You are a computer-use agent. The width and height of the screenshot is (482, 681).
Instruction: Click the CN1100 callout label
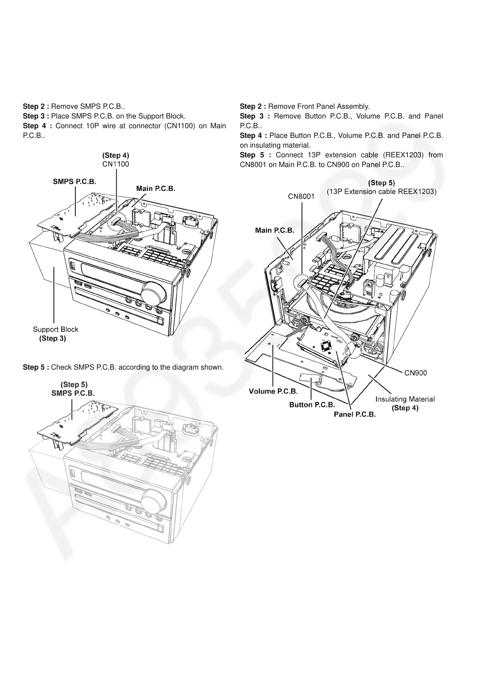tap(115, 164)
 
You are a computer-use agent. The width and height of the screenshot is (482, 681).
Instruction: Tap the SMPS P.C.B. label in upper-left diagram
tap(75, 182)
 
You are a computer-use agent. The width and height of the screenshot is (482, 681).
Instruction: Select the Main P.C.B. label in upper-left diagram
tap(156, 188)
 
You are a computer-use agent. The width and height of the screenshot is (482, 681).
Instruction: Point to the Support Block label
tap(55, 329)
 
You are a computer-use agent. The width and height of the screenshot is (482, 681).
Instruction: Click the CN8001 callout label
tap(301, 197)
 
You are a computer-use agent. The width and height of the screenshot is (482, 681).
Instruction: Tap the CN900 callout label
tap(416, 373)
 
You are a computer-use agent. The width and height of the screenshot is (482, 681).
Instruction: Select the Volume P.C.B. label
tap(273, 391)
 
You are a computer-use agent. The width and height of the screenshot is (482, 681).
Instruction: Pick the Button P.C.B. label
tap(312, 405)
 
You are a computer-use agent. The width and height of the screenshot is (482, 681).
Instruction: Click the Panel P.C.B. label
tap(355, 415)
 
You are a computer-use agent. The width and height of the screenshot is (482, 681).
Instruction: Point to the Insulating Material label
tap(405, 399)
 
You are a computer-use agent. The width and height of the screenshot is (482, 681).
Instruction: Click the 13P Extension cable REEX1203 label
tap(382, 192)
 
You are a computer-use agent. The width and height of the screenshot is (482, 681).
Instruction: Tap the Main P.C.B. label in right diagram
tap(275, 230)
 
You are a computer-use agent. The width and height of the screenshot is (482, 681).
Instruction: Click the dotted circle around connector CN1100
tap(117, 221)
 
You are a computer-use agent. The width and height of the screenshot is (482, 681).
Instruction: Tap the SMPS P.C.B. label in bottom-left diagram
tap(73, 393)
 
